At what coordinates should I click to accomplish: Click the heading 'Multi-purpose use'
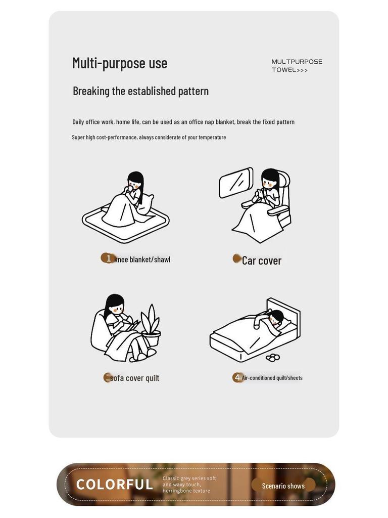click(x=120, y=63)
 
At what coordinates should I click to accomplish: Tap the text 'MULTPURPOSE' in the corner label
click(x=297, y=62)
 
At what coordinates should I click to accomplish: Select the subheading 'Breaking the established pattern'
click(x=140, y=91)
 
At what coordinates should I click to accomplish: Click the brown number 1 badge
click(x=108, y=258)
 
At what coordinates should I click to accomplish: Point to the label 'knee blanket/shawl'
click(x=142, y=260)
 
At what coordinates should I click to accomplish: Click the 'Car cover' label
click(x=262, y=261)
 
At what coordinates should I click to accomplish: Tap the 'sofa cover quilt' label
click(x=134, y=378)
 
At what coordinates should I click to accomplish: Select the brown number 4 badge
click(x=237, y=377)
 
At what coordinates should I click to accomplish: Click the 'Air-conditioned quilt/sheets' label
click(x=272, y=378)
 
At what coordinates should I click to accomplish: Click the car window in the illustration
click(x=236, y=183)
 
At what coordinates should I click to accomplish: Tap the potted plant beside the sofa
click(x=151, y=325)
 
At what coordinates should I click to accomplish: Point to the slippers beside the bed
click(x=272, y=358)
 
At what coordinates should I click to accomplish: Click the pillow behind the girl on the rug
click(x=146, y=203)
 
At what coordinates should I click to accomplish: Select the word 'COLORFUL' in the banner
click(x=115, y=485)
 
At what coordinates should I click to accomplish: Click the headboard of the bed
click(x=284, y=314)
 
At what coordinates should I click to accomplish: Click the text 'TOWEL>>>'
click(x=289, y=70)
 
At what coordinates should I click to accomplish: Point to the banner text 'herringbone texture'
click(x=186, y=491)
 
